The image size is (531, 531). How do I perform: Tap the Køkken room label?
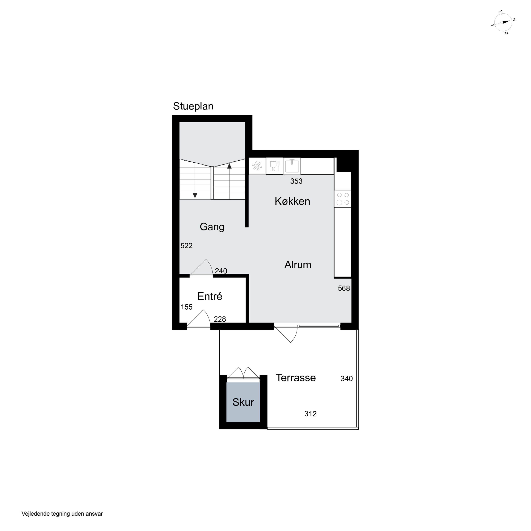pos(292,201)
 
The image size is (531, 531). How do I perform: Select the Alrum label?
pos(298,265)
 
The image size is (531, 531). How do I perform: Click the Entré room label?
pos(210,296)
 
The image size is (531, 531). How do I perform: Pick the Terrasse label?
pos(296,378)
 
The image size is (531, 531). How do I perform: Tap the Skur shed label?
pos(243,402)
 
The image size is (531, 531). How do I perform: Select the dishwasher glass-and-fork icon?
pos(275,166)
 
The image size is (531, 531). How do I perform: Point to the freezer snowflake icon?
pos(257,166)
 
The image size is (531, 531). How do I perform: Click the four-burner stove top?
pos(343,199)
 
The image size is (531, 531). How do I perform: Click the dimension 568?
pos(344,288)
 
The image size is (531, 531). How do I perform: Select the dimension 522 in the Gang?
pos(186,246)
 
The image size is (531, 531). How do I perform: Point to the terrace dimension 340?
pos(347,379)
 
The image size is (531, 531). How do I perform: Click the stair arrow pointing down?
pos(195,180)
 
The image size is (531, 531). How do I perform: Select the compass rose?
pos(503,22)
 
